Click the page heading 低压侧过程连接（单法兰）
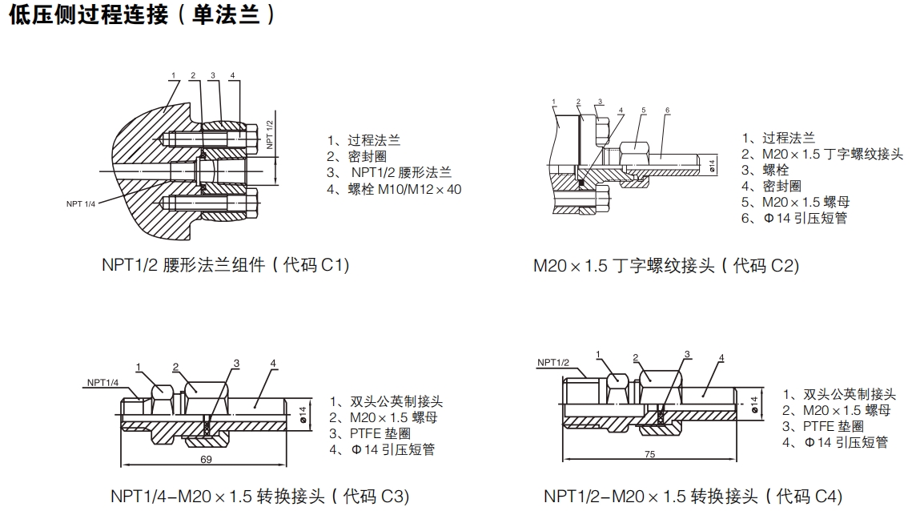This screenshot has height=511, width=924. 143,15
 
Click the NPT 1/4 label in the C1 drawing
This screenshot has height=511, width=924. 80,203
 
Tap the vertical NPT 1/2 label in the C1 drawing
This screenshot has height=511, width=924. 270,134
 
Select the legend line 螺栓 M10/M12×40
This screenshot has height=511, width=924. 394,189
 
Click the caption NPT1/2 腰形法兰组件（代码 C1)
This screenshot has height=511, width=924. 225,265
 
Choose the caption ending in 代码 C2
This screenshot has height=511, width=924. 666,265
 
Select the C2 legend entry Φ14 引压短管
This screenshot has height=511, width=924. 793,217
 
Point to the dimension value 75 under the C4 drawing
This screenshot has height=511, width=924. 649,453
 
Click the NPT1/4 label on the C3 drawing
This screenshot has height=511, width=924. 102,382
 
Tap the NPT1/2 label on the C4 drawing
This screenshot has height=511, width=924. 552,362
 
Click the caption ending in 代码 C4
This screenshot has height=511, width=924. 693,496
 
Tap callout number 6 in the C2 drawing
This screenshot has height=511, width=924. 667,110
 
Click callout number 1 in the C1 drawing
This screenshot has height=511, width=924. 172,75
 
